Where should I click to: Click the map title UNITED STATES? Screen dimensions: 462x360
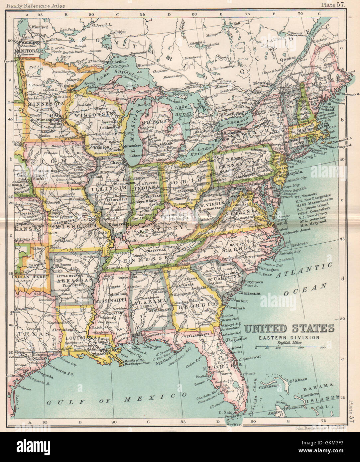click(290, 329)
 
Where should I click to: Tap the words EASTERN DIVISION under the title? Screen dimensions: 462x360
click(290, 337)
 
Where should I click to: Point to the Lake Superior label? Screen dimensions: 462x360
click(115, 75)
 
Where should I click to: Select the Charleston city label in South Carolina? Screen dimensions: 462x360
click(249, 293)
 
